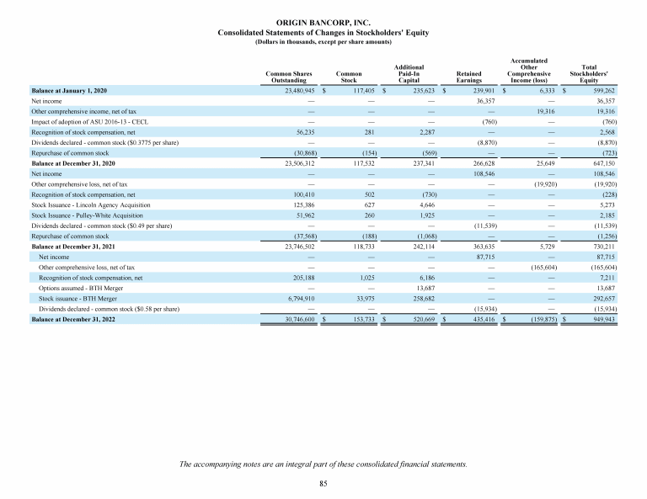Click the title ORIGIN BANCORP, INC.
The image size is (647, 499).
point(323,24)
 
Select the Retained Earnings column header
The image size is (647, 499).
point(469,77)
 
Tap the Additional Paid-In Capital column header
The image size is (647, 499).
point(409,73)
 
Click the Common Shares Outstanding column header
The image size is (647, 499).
point(289,77)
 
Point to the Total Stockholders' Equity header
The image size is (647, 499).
point(589,73)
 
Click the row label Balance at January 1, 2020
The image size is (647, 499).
point(69,90)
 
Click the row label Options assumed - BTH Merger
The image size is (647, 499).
point(79,286)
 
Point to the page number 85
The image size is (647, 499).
point(323,483)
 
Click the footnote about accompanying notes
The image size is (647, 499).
point(323,464)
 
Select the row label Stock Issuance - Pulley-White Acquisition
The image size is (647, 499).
point(88,215)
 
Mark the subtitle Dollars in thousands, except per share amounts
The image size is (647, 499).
point(323,41)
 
